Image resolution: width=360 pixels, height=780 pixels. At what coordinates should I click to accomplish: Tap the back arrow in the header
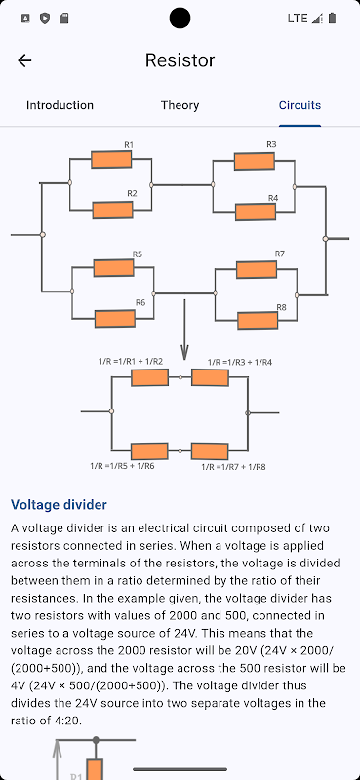(x=24, y=60)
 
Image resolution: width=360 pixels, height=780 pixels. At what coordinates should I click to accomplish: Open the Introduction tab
(x=60, y=105)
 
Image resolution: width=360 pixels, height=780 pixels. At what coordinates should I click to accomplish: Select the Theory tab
(x=180, y=105)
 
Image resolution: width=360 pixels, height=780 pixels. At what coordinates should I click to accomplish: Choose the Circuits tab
(x=300, y=105)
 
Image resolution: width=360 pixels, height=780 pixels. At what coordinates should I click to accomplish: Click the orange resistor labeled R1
(x=111, y=160)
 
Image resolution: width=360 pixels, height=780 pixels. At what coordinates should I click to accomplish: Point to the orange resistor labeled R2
(x=112, y=211)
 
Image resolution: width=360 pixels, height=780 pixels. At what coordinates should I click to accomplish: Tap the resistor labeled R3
(x=255, y=161)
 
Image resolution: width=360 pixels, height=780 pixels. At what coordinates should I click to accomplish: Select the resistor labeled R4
(x=256, y=212)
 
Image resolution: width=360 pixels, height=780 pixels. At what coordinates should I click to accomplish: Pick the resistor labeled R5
(x=113, y=267)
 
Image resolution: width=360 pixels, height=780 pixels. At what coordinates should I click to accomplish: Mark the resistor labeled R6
(x=115, y=319)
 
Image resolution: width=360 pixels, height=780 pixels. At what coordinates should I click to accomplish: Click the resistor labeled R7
(x=257, y=269)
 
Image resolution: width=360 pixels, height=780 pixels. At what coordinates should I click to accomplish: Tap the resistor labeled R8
(x=258, y=320)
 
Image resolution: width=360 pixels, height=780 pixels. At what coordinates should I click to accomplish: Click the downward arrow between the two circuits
(x=184, y=330)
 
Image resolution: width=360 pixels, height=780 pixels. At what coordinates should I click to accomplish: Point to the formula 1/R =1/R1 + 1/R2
(x=131, y=362)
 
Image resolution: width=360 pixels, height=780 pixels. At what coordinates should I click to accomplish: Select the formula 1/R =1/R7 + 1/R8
(x=233, y=467)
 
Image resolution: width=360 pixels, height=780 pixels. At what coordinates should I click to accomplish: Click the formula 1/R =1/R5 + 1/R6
(x=123, y=466)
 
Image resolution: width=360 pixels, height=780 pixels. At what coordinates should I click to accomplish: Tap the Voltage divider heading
(x=59, y=504)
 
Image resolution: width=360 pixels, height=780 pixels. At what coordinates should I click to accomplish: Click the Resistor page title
(x=180, y=60)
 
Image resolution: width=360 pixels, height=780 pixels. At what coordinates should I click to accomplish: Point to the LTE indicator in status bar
(x=298, y=19)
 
